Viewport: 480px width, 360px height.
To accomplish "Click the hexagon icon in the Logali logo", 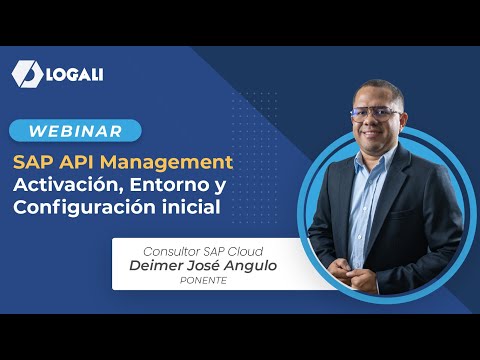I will (27, 74).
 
